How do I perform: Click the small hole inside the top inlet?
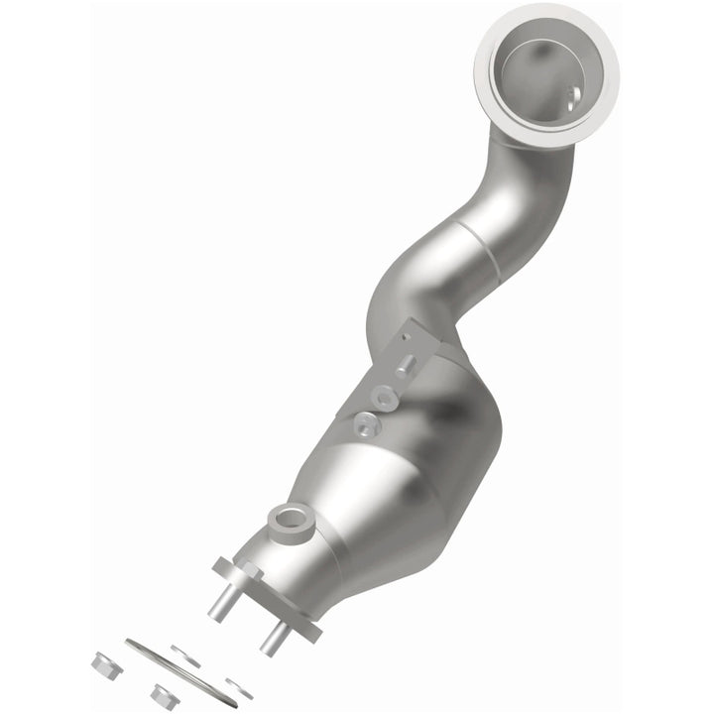point(573,97)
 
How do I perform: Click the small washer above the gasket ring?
point(185,654)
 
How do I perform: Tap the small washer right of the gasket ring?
point(238,686)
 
